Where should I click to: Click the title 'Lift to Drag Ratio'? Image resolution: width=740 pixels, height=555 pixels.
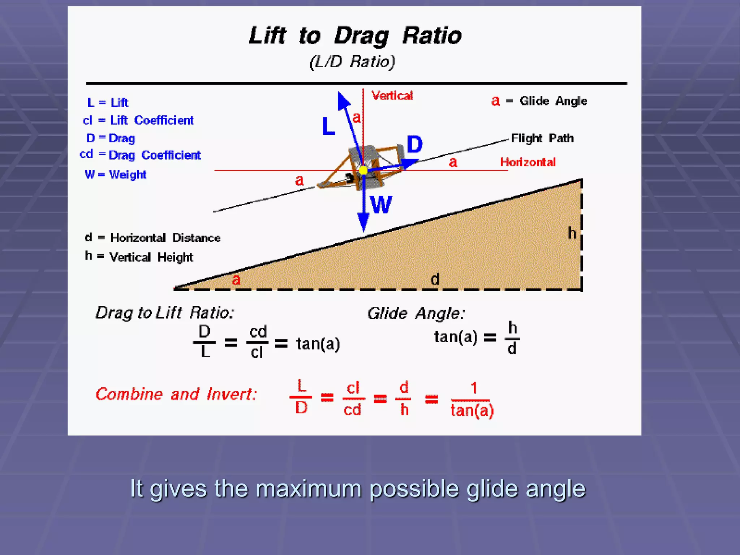[x=355, y=36]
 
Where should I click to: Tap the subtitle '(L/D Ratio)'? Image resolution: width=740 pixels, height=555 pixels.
[x=352, y=62]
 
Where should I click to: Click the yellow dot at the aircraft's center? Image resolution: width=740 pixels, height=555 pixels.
[x=363, y=170]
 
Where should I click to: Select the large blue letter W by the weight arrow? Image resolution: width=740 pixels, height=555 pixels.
[x=381, y=205]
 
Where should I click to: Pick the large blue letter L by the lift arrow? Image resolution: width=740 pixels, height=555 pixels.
[x=328, y=126]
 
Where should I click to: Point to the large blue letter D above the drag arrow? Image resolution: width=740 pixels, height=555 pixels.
[x=414, y=145]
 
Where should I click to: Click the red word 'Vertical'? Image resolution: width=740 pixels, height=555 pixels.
[x=392, y=96]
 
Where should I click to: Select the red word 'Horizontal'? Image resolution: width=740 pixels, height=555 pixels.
[x=528, y=162]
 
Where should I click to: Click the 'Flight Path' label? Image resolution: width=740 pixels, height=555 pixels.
[x=542, y=138]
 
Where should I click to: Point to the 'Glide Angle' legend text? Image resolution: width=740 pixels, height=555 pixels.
[x=553, y=101]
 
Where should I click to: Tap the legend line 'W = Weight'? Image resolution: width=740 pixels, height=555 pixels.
[x=116, y=175]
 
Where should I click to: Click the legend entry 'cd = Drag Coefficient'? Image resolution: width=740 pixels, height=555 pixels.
[x=140, y=155]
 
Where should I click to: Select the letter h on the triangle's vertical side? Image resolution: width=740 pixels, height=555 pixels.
[x=572, y=233]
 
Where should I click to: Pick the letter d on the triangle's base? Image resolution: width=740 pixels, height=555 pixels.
[x=435, y=279]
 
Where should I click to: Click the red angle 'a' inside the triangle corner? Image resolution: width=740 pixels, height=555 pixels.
[x=236, y=279]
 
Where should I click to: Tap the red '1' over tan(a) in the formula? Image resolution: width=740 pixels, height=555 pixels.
[x=474, y=388]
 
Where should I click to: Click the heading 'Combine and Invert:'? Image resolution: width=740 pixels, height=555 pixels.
[x=176, y=394]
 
